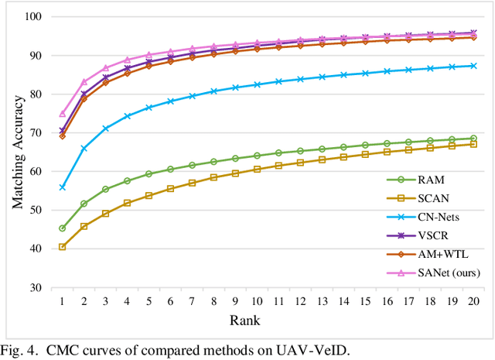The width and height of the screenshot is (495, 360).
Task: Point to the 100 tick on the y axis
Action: (x=33, y=17)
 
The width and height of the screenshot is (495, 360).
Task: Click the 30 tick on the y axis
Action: (x=36, y=288)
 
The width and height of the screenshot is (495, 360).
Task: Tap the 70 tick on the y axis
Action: (x=36, y=133)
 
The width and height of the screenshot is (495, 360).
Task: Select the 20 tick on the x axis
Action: (x=473, y=300)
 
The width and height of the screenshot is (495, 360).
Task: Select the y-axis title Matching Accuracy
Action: (x=16, y=152)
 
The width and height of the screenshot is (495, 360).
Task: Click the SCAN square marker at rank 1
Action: (x=62, y=247)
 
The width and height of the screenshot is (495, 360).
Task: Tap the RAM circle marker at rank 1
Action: (x=62, y=228)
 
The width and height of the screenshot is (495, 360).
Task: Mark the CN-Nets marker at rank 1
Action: (x=62, y=187)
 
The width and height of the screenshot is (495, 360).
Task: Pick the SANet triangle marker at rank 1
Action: (x=62, y=113)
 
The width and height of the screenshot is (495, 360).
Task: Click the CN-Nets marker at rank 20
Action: (x=473, y=66)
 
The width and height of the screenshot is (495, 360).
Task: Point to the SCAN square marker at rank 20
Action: (x=473, y=144)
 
